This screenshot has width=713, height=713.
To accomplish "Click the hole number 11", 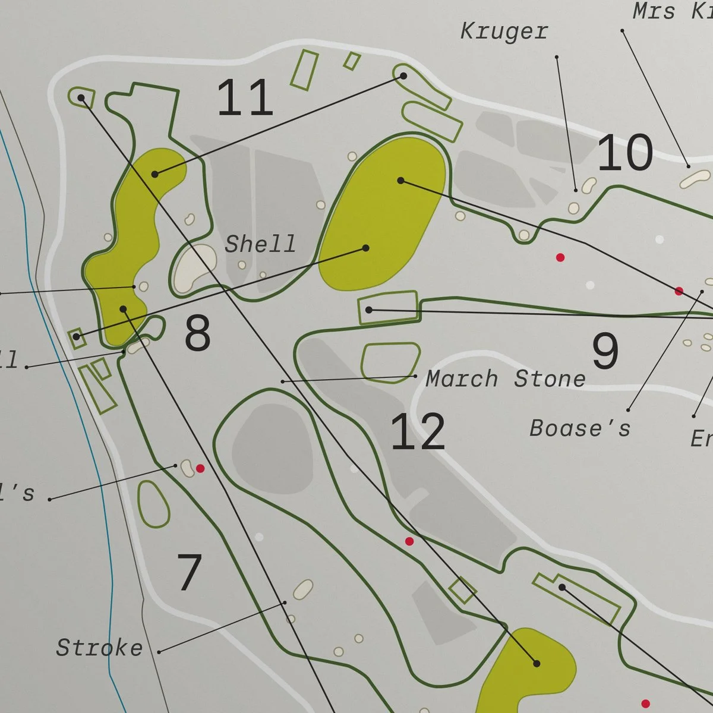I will pos(245,98).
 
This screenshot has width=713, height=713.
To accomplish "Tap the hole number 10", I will pos(625,153).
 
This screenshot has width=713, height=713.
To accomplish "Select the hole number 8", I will pos(197,333).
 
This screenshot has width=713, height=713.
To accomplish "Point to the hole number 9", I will pos(605,351).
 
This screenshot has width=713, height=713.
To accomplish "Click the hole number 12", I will pos(418,432).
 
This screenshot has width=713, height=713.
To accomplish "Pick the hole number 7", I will pos(190,572).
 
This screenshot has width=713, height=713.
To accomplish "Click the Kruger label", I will pos(504,31).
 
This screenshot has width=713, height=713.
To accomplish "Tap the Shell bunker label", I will pos(260,244).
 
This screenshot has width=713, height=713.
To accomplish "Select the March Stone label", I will pos(506,379).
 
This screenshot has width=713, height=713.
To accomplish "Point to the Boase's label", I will pos(580,428).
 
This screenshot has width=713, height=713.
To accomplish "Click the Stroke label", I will pos(99,648).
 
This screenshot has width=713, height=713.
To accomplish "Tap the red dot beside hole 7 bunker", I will pos(200,469).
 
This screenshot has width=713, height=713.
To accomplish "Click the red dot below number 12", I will pos(409,541).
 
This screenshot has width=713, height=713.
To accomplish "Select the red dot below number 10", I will pos(560,257).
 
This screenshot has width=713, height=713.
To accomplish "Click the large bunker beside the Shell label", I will pos(194,269).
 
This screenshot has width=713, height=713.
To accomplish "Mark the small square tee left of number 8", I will pos(76,337).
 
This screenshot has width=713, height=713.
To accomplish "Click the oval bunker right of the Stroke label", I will pos(303,589).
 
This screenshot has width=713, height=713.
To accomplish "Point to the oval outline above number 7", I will pos(153,504).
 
